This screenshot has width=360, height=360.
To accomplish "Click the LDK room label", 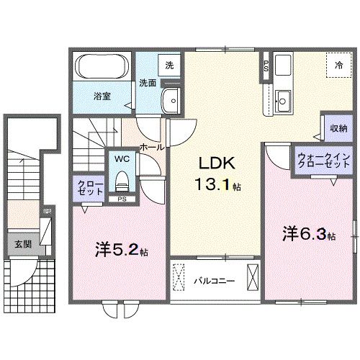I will tap(216, 163).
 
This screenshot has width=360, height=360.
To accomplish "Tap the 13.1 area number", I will tap(216, 185).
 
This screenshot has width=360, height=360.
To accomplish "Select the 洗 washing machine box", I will tap(168, 65).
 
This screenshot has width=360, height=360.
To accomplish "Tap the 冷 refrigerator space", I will tap(338, 65).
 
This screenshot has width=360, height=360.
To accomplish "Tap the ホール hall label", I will tap(150, 147).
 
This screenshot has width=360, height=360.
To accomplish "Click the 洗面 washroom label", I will tap(148, 83).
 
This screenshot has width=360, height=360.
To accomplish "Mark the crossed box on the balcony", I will tap(253, 277).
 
